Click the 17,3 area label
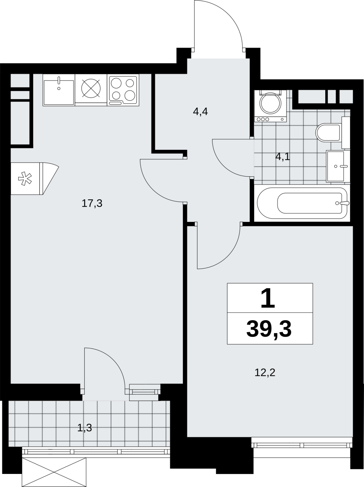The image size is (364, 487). pos(92,203)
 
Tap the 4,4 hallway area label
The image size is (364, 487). pos(200,112)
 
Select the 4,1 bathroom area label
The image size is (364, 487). pos(283,157)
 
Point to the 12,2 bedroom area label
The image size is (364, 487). pos(265,372)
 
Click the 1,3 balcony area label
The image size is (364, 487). pos(84,428)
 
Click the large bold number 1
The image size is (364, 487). pos(268,298)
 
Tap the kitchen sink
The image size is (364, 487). pos(59,90)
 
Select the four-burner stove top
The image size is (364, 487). pos(123,90)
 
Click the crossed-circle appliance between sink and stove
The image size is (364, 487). pos(91,88)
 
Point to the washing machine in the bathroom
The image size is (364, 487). pos(270,106)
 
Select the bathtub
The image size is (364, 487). pos(302,203)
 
